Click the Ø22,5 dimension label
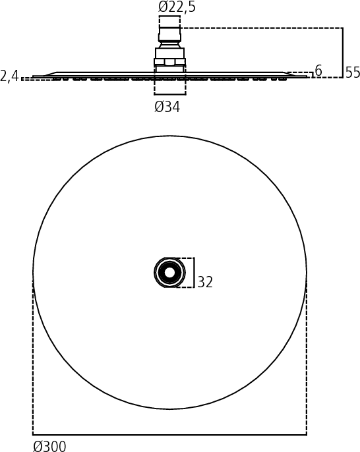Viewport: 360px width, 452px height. tap(177, 7)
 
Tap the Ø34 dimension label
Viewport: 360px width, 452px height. tap(167, 107)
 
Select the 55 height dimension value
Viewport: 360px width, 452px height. tap(353, 72)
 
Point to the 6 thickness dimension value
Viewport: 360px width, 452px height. tap(318, 71)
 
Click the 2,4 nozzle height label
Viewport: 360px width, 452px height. tap(9, 76)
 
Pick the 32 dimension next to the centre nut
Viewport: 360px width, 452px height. tap(205, 282)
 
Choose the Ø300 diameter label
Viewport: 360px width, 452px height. tap(49, 446)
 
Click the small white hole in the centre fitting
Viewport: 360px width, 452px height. tap(169, 272)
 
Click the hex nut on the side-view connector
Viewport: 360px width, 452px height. tap(169, 61)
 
